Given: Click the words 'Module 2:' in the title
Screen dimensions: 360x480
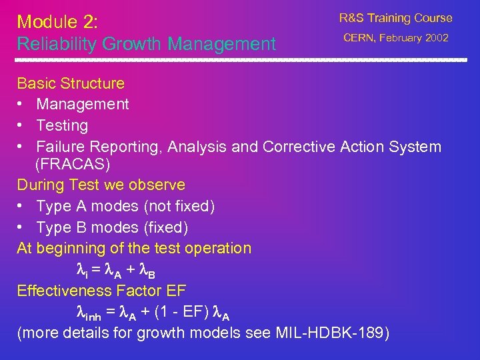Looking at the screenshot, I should tap(58, 21).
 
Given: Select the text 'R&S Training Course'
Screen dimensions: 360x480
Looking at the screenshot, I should tap(395, 18).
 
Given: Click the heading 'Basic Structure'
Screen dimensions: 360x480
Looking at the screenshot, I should tap(71, 83).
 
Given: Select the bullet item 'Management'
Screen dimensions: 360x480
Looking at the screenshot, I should tap(83, 104).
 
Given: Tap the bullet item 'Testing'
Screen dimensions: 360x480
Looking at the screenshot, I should tap(62, 125).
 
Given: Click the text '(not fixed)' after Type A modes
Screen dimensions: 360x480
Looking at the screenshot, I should tap(178, 207).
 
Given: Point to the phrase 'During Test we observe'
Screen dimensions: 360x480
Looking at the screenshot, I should tap(101, 185).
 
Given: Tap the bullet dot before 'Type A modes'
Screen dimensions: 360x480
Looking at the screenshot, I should tap(21, 207).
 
